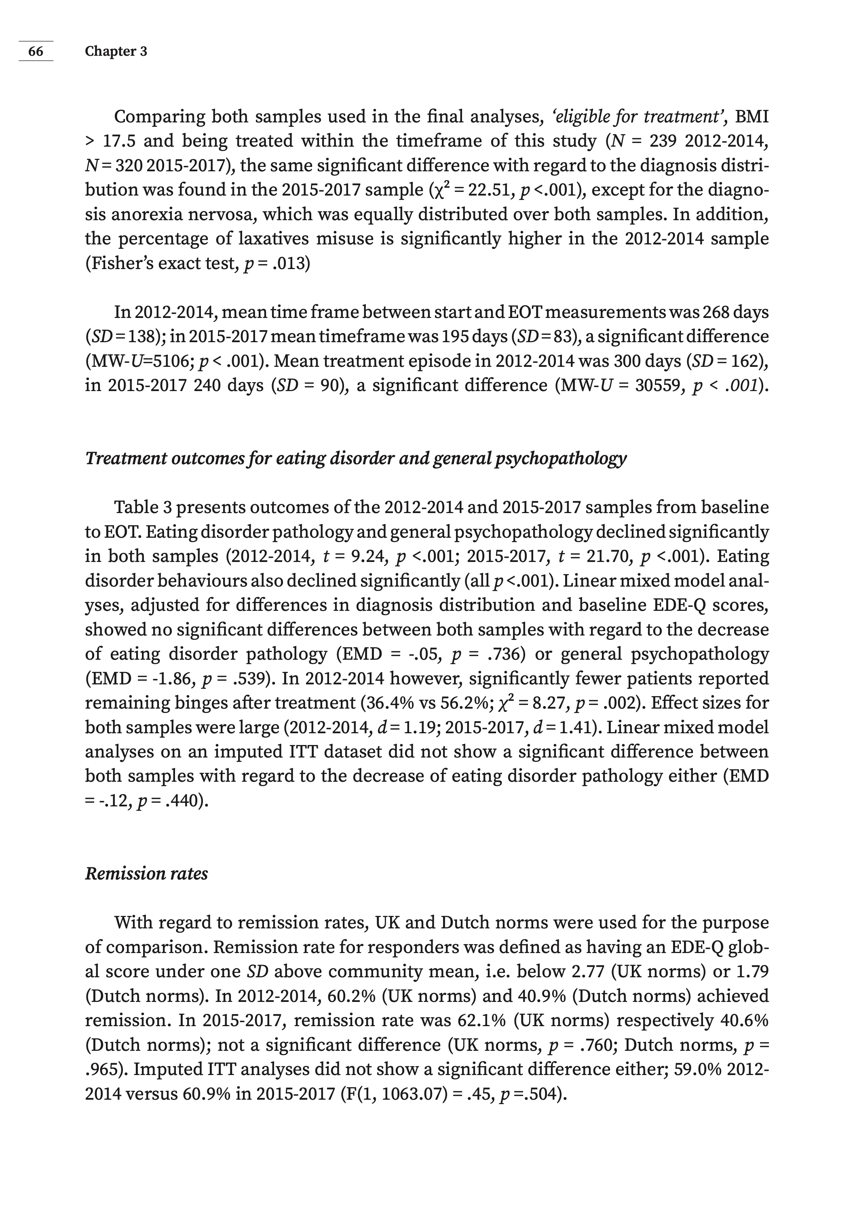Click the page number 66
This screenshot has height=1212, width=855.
(x=36, y=51)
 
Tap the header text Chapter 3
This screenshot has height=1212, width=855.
(x=116, y=51)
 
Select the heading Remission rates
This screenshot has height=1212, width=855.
(x=146, y=873)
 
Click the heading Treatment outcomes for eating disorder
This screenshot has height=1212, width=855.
(x=355, y=458)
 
